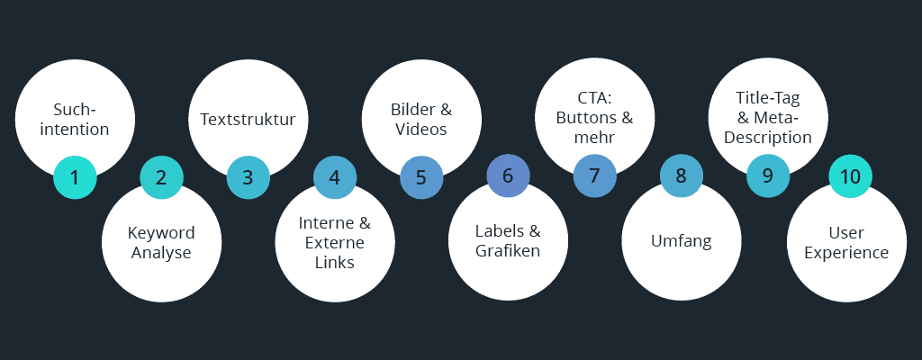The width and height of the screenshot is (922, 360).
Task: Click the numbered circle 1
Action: (x=75, y=177)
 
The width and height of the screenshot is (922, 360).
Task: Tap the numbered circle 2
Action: (x=161, y=177)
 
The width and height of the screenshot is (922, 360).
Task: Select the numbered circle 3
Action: (x=248, y=177)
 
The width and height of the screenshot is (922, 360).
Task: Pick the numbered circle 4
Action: (x=335, y=177)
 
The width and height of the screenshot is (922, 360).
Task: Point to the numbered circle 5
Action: (x=421, y=177)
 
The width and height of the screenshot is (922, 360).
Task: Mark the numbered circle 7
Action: (x=594, y=176)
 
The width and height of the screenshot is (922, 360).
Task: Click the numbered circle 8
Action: (x=682, y=176)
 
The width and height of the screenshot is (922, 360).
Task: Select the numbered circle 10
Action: (x=851, y=176)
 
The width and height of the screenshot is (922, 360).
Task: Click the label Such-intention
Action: (x=75, y=120)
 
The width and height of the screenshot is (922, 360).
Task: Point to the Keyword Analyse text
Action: (x=161, y=243)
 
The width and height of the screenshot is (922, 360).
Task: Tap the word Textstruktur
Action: (x=248, y=120)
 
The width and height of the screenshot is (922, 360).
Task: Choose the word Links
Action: (x=335, y=262)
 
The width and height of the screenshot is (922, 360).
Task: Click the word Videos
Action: (x=420, y=130)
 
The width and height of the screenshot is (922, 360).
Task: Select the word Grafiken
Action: (x=508, y=251)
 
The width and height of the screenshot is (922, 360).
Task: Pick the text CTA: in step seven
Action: (x=594, y=98)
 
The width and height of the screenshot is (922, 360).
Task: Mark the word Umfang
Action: (x=682, y=241)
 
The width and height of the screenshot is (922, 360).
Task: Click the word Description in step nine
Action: (x=768, y=139)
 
